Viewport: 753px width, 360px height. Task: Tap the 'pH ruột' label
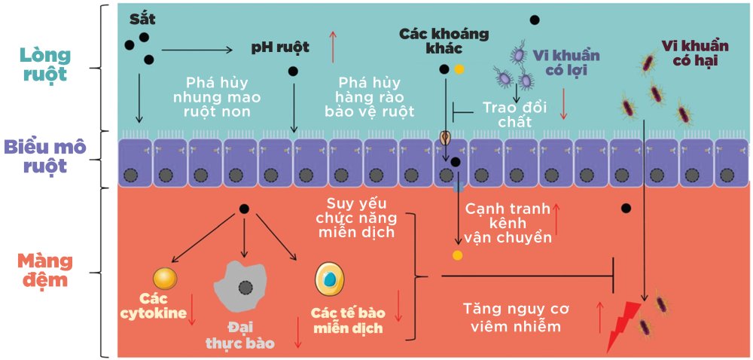[x=280, y=48]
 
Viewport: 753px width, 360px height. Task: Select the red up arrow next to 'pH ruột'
[x=332, y=47]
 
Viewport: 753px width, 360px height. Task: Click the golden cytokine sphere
[x=165, y=279]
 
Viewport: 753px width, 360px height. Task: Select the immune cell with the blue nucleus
[x=329, y=279]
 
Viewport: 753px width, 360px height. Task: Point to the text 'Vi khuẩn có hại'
[x=688, y=52]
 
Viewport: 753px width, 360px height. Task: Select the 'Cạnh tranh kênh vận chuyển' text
[x=508, y=223]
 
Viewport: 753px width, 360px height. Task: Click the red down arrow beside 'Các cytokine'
[x=193, y=310]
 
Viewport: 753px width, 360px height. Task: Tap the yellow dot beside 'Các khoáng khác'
[x=459, y=69]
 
